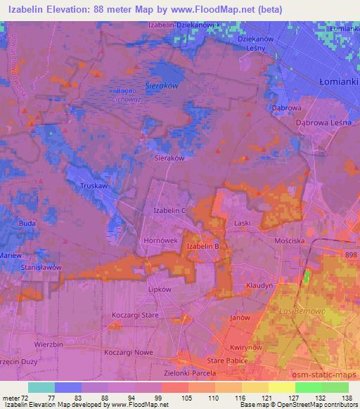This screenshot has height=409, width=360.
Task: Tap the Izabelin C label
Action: click(x=169, y=210)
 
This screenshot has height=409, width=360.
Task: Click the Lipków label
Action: click(x=161, y=289)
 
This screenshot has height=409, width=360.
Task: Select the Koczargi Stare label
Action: click(x=135, y=316)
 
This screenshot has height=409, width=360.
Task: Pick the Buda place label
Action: click(x=27, y=223)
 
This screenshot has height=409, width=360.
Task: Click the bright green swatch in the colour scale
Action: click(x=308, y=387)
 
